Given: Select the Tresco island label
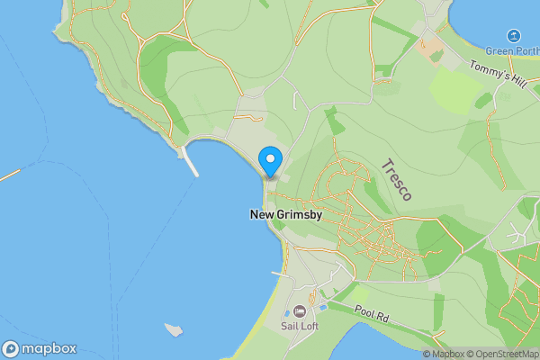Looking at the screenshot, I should (x=397, y=180).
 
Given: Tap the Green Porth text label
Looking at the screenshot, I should (x=513, y=50).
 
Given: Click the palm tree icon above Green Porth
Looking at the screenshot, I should (x=513, y=35).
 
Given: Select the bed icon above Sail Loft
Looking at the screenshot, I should (x=300, y=310).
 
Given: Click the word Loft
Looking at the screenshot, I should (x=309, y=326).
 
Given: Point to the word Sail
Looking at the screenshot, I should (x=289, y=326).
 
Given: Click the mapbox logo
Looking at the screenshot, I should (x=39, y=349).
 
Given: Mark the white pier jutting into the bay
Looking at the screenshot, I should (x=190, y=161).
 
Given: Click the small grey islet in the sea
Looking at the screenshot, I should (x=175, y=329).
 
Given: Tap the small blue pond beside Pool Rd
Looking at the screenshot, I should (x=323, y=294).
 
